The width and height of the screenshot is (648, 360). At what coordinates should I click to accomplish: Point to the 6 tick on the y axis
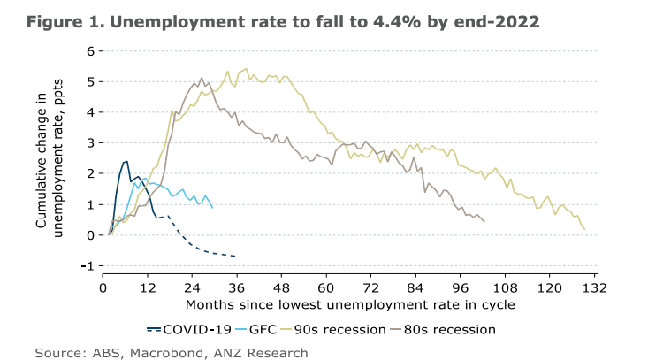click(x=90, y=51)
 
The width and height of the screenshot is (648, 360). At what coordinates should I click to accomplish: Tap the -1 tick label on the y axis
click(x=88, y=265)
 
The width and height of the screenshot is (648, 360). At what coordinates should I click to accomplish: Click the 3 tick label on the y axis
click(x=90, y=143)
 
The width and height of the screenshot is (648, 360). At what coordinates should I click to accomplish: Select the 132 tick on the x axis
click(x=594, y=288)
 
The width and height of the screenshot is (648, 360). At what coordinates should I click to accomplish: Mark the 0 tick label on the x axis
click(x=103, y=288)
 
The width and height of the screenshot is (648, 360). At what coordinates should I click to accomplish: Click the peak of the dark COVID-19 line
click(x=126, y=161)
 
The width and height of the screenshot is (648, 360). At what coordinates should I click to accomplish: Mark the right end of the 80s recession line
click(x=484, y=221)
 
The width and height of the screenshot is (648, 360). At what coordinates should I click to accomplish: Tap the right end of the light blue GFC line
click(x=213, y=207)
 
